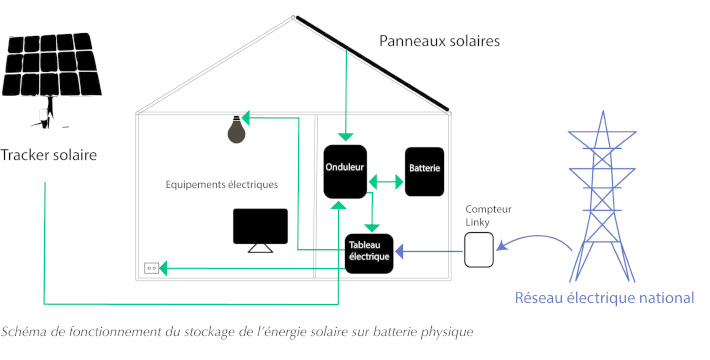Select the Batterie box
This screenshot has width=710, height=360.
[424, 171]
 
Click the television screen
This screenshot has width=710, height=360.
[260, 227]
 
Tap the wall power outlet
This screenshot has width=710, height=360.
[153, 268]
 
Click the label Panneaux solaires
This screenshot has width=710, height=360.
[439, 41]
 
